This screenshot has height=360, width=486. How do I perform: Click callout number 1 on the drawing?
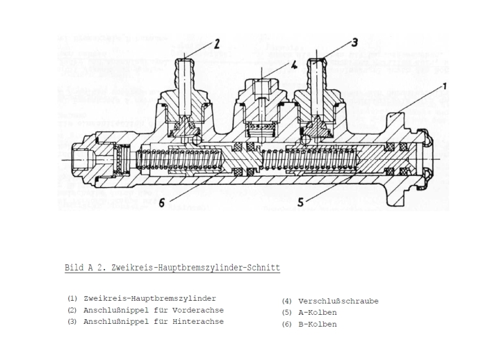pos(445,86)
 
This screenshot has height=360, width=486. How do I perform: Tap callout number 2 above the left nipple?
pos(216,44)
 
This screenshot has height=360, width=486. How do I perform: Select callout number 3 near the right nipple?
pos(354,42)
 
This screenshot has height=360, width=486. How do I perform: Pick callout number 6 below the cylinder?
pos(162,203)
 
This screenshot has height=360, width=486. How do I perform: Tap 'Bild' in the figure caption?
pos(74,267)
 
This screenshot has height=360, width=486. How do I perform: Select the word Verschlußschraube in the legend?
pos(338,301)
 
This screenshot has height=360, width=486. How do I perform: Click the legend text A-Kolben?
pos(317,313)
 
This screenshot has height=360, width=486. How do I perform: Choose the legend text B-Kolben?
pos(317,324)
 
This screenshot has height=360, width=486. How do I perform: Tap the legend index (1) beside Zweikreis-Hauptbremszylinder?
pos(72,298)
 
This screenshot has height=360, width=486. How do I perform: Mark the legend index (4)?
pos(287,301)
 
